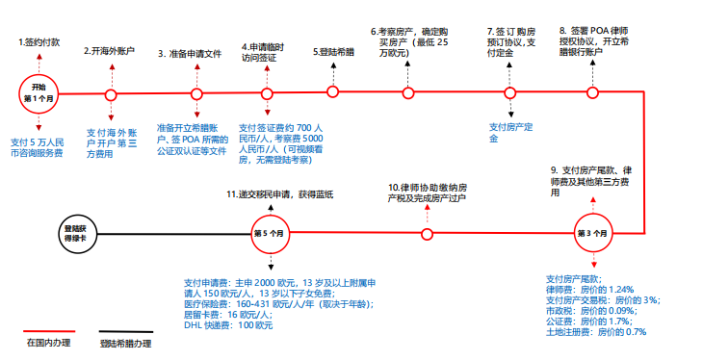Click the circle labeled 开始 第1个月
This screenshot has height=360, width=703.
click(39, 92)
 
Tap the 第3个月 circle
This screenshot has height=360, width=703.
click(592, 233)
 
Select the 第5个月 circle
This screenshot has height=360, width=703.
click(270, 233)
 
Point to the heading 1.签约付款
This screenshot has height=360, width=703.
click(39, 44)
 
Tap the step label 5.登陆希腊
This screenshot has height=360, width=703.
click(333, 51)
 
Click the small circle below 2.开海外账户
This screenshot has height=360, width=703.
click(111, 94)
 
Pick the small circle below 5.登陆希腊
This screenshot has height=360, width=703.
click(333, 92)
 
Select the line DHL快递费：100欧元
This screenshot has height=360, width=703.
click(228, 325)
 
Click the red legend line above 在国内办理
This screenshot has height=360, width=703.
click(47, 332)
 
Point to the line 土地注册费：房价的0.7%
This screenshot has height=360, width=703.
click(595, 332)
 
